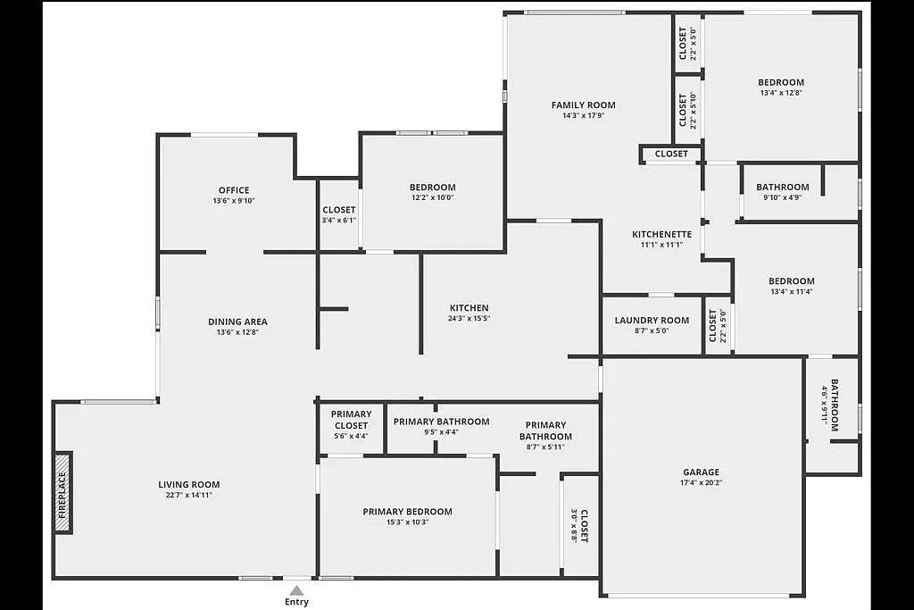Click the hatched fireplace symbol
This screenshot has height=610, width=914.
[62, 493]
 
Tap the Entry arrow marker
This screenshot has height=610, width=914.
[296, 590]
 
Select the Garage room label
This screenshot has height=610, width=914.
[701, 472]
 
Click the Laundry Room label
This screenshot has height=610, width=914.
[652, 321]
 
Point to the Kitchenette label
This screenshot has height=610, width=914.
[661, 235]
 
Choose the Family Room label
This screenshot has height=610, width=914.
[583, 105]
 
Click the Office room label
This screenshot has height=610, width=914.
[234, 190]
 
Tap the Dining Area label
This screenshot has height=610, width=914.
[237, 322]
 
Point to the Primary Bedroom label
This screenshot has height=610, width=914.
[407, 512]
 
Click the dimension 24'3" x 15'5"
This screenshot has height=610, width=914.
[469, 319]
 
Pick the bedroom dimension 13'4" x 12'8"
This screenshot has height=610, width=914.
[781, 93]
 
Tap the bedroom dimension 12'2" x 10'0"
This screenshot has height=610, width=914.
[432, 198]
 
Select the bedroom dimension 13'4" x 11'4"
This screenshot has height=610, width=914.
[791, 292]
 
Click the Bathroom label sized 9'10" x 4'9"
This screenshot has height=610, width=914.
[782, 188]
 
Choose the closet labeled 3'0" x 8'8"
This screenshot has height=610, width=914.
[580, 526]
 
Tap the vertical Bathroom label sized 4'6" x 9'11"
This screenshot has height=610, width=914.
[830, 405]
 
